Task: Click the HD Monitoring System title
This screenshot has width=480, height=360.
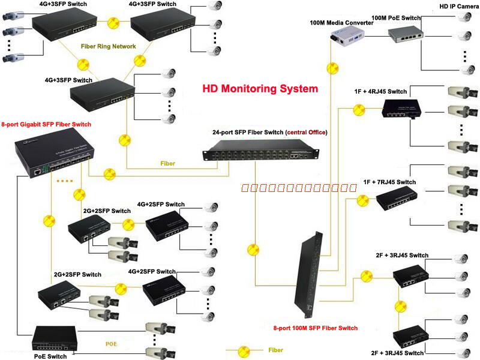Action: [260, 89]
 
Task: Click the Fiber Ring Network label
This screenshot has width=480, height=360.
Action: [108, 46]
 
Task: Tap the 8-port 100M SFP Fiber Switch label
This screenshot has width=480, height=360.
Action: [315, 328]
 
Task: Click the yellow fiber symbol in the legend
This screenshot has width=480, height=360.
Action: [244, 350]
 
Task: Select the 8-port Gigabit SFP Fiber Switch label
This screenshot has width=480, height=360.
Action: [46, 124]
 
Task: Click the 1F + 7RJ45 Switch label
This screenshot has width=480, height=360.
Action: [389, 182]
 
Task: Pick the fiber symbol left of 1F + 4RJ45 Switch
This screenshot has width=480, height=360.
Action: [359, 109]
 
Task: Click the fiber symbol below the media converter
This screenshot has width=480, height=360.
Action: [329, 67]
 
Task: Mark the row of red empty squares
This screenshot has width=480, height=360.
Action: [299, 188]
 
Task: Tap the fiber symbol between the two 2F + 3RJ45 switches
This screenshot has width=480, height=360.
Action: [397, 305]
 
